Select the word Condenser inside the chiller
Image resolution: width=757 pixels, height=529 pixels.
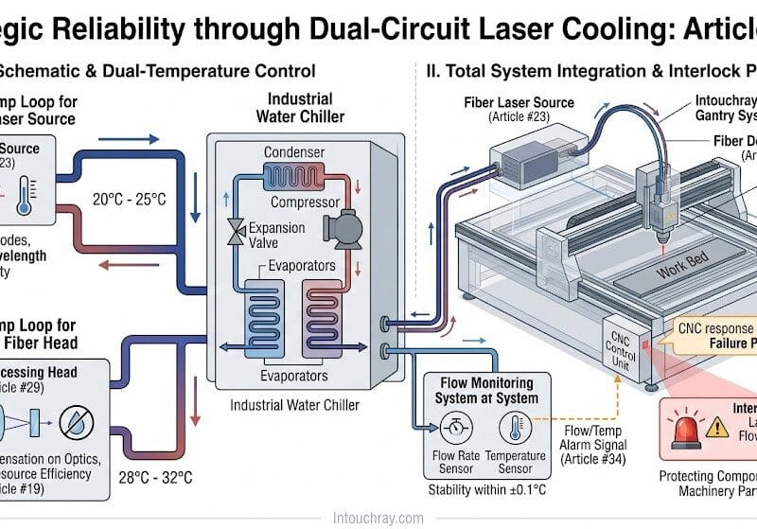tap(293, 152)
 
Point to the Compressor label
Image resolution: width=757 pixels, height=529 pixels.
tap(305, 203)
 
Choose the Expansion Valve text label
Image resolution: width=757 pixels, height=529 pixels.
tap(275, 236)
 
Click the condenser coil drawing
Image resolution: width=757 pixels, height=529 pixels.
tap(294, 176)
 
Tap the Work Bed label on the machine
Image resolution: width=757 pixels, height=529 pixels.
tap(684, 267)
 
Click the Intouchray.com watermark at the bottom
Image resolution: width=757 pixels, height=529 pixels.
tap(378, 518)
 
